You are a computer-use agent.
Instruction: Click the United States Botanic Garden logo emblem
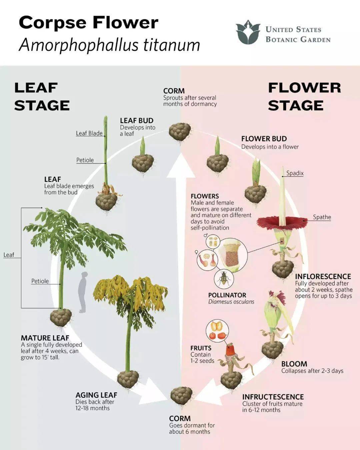coord(248,32)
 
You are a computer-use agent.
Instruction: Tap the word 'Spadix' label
coord(295,173)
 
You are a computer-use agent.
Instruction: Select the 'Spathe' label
coord(322,217)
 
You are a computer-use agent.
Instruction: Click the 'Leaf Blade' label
coord(89,133)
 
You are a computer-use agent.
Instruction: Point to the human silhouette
coord(83,292)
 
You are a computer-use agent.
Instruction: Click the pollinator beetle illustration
coord(224,279)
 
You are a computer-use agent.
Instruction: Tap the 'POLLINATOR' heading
coord(227,295)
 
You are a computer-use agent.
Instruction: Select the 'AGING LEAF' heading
coord(96,395)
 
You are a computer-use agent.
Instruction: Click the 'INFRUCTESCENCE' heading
coord(273,397)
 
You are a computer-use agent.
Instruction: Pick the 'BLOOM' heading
coord(294,364)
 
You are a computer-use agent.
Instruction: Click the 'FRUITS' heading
coord(201,348)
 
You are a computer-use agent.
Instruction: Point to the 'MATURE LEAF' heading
coord(45,338)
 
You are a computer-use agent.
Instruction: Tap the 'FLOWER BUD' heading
coord(264,139)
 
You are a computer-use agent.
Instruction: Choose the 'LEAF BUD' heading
coord(137,120)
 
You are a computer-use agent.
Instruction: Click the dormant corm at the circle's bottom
coord(181,396)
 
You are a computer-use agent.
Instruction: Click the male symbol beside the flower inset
coord(206,236)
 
